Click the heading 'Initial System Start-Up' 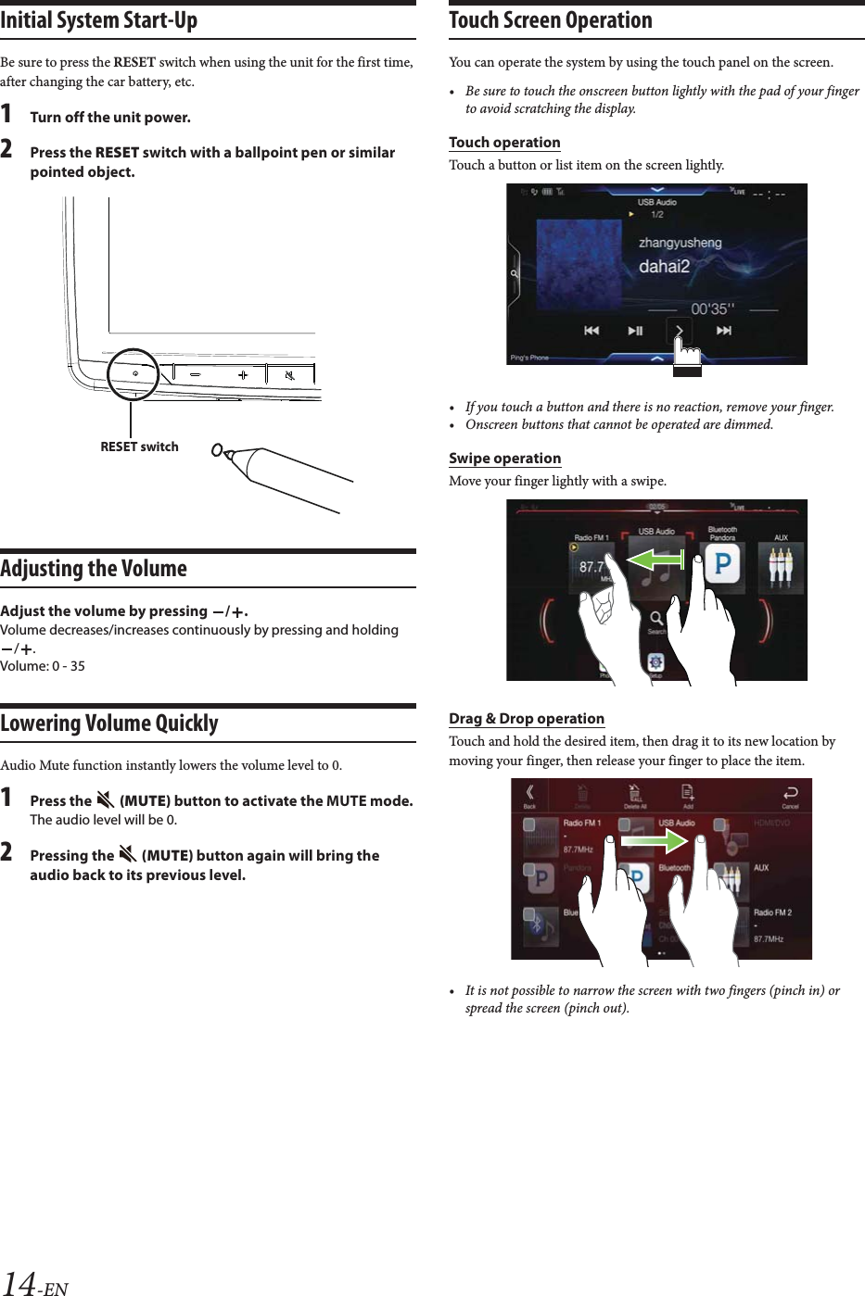pos(98,20)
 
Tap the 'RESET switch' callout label pos(139,447)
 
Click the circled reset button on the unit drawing pos(134,373)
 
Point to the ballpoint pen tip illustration pos(219,451)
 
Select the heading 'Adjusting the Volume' pos(94,569)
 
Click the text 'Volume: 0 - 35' pos(43,666)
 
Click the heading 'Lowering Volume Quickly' pos(109,723)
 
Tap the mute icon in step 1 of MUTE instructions pos(105,800)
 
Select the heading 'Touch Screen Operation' pos(551,20)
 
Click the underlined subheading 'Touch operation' pos(504,143)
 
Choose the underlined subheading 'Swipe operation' pos(504,459)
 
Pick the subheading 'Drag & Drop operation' pos(527,719)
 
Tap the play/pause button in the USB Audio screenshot pos(635,331)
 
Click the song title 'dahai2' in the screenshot pos(664,267)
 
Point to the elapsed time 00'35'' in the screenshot pos(712,309)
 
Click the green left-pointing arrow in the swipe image pos(655,559)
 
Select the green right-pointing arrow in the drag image pos(654,840)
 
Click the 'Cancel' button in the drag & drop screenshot pos(790,796)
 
